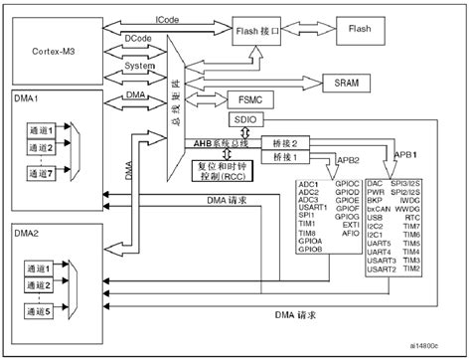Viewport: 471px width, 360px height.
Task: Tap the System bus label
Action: point(139,67)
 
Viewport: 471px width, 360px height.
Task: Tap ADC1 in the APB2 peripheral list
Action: point(309,185)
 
